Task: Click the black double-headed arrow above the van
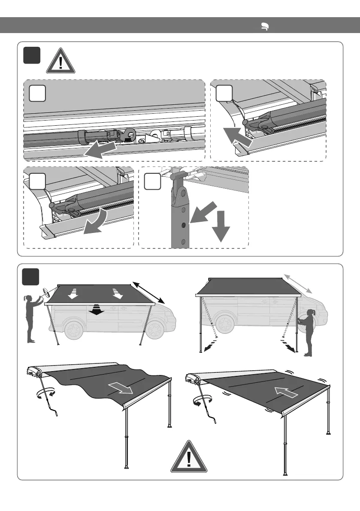point(148,293)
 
